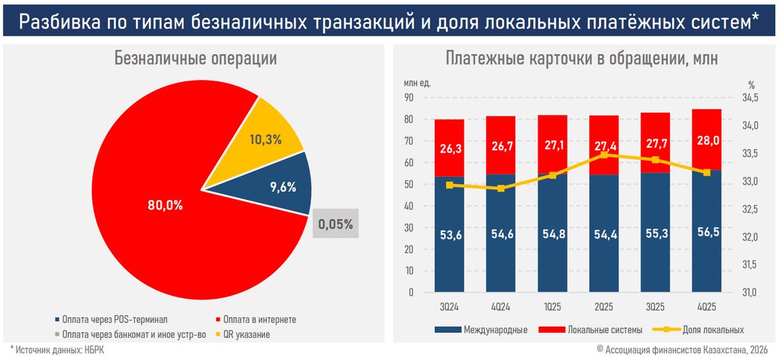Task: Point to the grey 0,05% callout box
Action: click(x=336, y=224)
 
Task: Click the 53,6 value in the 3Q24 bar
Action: click(x=449, y=235)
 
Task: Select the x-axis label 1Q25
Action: click(x=552, y=306)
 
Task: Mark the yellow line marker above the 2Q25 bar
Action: click(x=604, y=155)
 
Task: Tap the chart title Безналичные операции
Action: click(x=196, y=59)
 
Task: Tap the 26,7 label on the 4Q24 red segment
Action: click(x=501, y=146)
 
